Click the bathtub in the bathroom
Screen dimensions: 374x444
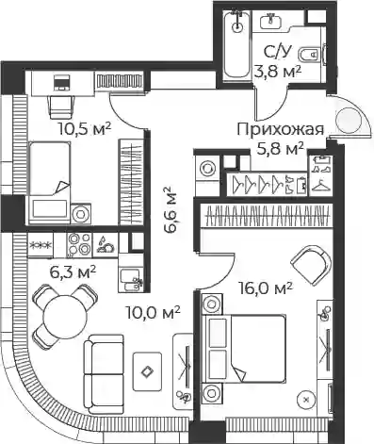(x=237, y=44)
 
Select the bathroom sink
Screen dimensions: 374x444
(x=271, y=21)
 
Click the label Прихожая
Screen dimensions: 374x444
(x=280, y=130)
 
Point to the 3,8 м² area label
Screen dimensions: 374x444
(x=278, y=72)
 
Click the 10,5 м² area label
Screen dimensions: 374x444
(x=84, y=128)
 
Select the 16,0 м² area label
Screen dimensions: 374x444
(x=266, y=288)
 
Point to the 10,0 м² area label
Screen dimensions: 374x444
(x=153, y=312)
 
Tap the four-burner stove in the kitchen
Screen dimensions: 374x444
(x=78, y=244)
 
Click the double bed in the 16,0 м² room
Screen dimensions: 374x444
(x=244, y=349)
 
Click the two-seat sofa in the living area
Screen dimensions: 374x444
(x=104, y=373)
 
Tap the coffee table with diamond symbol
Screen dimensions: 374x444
(x=147, y=371)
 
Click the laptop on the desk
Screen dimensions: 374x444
(x=61, y=82)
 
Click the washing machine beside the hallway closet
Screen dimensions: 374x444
(x=206, y=168)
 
